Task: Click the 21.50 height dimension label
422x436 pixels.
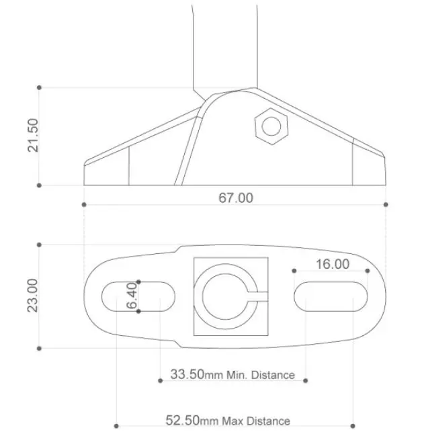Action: click(33, 136)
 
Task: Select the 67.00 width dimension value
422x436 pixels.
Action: click(236, 198)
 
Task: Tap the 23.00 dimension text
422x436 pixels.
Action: click(32, 296)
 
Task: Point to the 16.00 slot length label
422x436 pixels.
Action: click(333, 264)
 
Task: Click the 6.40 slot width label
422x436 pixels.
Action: click(132, 296)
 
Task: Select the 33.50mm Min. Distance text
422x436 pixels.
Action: click(233, 374)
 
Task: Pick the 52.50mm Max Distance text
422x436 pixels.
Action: click(228, 420)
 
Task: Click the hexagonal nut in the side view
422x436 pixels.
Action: click(271, 126)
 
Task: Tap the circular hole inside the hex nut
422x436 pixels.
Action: click(271, 126)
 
